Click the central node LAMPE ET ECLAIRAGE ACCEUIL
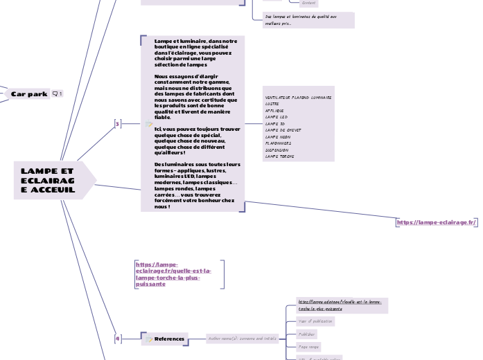pos(49,180)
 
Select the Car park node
pos(29,93)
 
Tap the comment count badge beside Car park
pos(57,93)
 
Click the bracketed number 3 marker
pos(117,124)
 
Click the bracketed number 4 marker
pos(117,339)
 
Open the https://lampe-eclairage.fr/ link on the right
pos(437,222)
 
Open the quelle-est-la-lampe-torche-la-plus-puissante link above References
pos(174,273)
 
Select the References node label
pos(169,339)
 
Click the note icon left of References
pos(148,339)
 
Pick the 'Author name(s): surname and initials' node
pos(242,339)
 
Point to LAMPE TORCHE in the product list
pos(279,156)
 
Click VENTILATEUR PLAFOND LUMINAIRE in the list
pos(298,98)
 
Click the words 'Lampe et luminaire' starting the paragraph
pos(180,41)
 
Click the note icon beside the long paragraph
pos(148,124)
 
